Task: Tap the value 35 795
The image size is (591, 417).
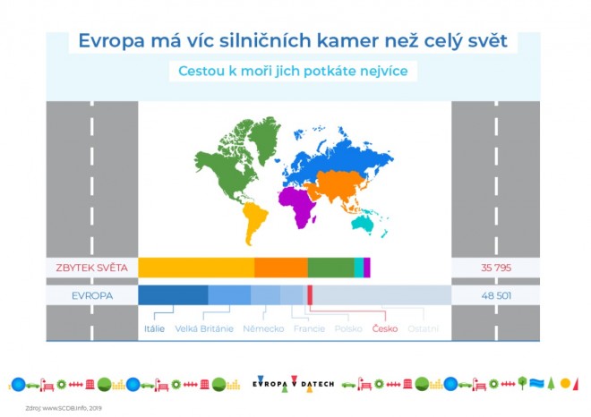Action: [x=495, y=268]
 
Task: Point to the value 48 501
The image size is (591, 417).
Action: [x=495, y=294]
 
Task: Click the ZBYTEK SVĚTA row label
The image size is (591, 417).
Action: [x=92, y=268]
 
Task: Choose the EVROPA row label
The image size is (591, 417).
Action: [x=92, y=294]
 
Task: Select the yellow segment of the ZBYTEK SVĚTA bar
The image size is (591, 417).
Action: [x=196, y=268]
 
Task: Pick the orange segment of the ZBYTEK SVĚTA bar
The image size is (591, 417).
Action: [x=280, y=268]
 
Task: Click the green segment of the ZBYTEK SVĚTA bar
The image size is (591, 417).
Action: [x=330, y=268]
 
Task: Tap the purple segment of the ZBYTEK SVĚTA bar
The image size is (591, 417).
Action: [x=367, y=268]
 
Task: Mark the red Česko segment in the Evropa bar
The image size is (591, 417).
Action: [x=310, y=294]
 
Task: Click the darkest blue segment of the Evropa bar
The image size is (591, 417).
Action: [x=173, y=294]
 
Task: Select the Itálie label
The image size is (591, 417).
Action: [x=154, y=328]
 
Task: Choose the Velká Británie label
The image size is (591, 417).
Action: [x=204, y=328]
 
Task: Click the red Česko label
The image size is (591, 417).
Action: [x=385, y=328]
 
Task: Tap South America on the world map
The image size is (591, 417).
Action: [x=254, y=218]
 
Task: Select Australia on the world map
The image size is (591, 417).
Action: [x=365, y=223]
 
